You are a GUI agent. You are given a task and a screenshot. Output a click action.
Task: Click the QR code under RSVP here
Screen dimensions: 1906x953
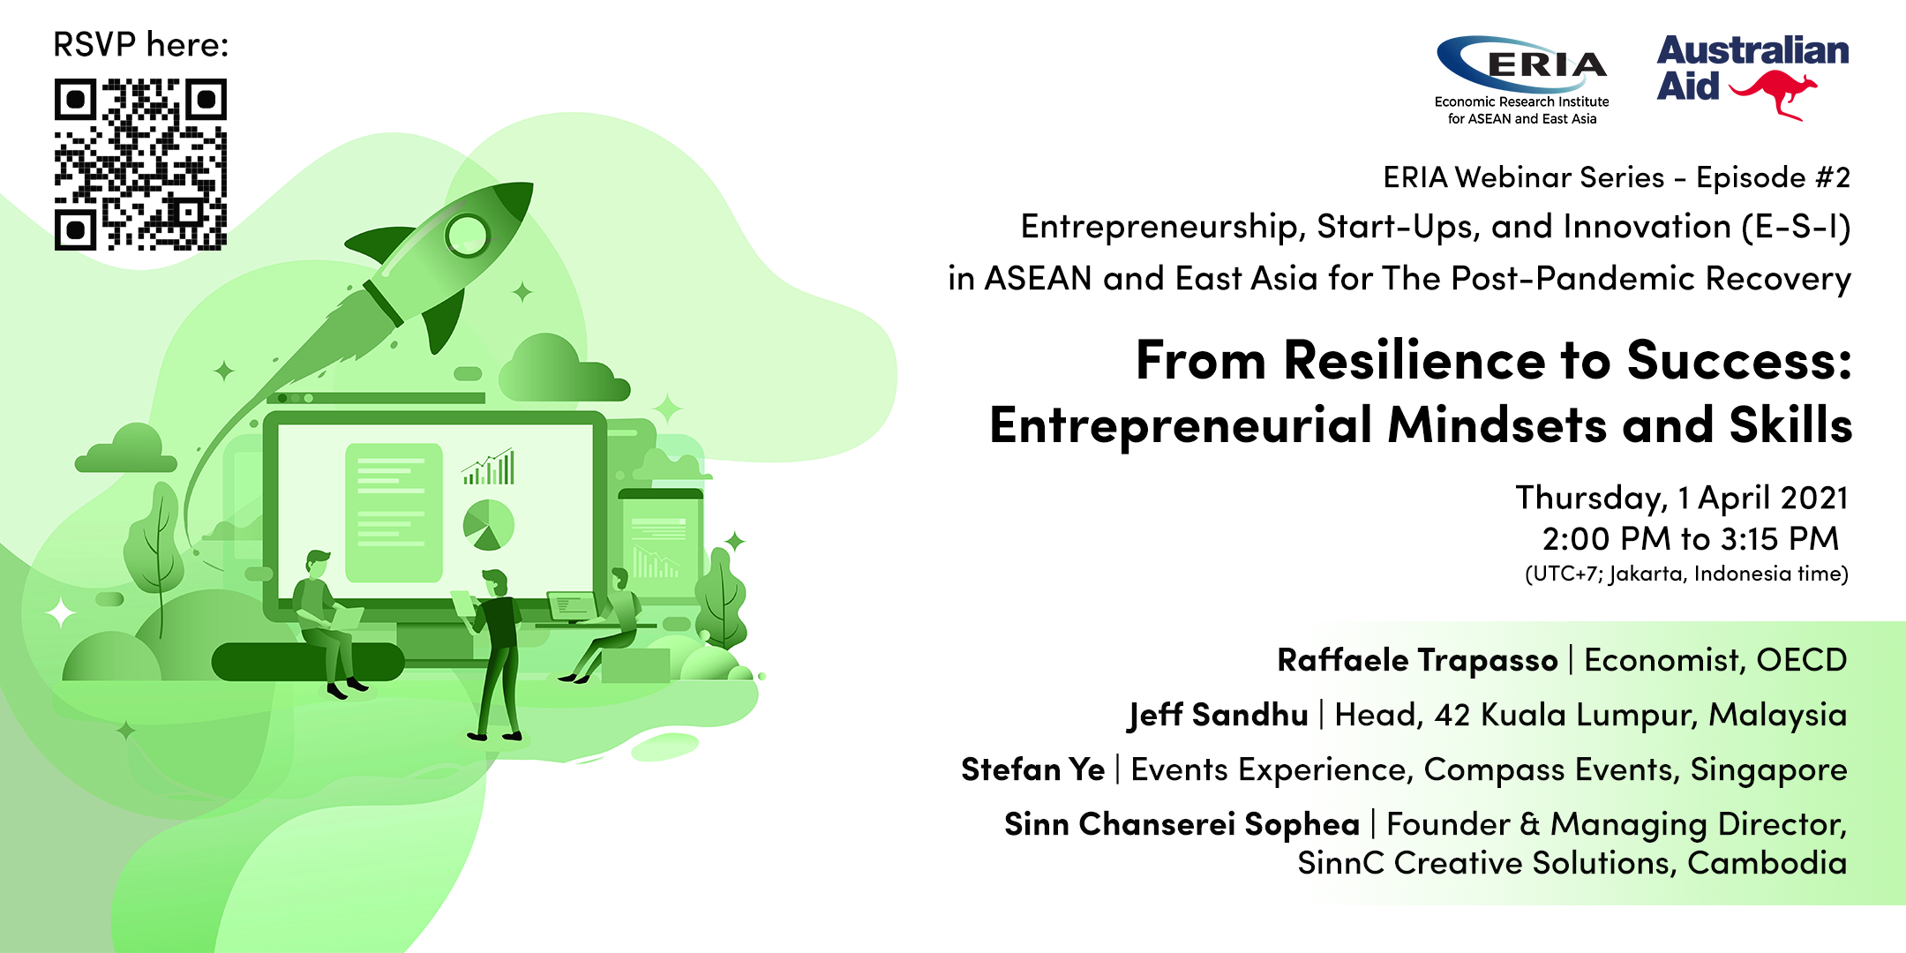pos(140,164)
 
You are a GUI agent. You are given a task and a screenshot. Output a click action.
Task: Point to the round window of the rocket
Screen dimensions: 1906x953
pos(466,234)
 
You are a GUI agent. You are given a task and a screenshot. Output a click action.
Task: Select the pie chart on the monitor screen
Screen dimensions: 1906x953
pos(489,525)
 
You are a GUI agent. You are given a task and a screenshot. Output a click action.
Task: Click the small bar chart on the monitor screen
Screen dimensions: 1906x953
pos(488,467)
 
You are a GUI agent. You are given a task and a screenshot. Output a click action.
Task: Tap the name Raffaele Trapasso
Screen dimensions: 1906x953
pos(1417,660)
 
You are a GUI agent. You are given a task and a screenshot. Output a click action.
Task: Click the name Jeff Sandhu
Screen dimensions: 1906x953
pos(1218,715)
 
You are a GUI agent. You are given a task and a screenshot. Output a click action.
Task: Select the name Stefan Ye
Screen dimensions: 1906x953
pos(1032,769)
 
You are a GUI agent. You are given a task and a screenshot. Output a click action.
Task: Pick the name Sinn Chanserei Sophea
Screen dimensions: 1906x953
pos(1182,824)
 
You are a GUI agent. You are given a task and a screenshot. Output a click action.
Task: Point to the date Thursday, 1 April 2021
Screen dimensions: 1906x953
pos(1682,498)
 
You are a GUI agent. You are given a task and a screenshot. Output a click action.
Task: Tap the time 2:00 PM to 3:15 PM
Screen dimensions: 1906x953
pos(1690,538)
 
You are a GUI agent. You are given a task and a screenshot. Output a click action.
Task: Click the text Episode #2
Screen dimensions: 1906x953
pos(1773,177)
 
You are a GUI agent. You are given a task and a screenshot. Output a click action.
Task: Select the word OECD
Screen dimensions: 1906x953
pos(1802,660)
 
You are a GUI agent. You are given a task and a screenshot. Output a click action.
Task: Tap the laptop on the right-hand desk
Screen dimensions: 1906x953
pos(574,607)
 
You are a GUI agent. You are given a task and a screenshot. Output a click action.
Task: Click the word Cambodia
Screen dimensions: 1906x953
pos(1767,863)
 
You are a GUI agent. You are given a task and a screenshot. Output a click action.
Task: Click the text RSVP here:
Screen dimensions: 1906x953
pos(141,44)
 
